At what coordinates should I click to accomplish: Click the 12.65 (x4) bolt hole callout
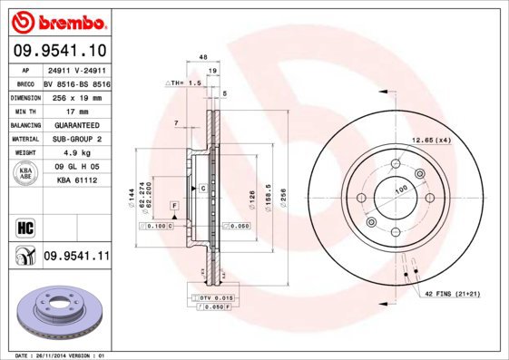click(432, 140)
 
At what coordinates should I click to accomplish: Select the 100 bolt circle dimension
click(398, 190)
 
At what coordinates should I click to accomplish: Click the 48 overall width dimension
click(203, 56)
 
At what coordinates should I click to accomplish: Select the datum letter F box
click(173, 208)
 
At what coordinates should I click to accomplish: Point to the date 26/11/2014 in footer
click(61, 355)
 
